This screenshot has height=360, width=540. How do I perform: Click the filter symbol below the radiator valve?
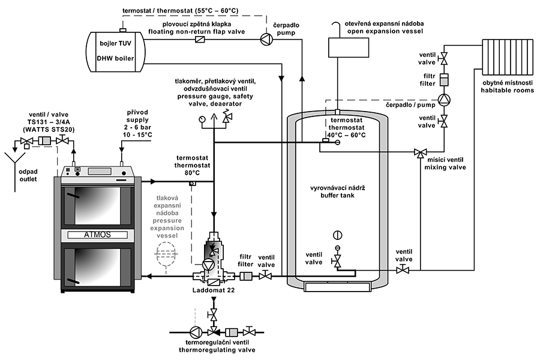click(444, 79)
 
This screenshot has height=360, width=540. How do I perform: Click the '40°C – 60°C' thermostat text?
click(346, 134)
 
